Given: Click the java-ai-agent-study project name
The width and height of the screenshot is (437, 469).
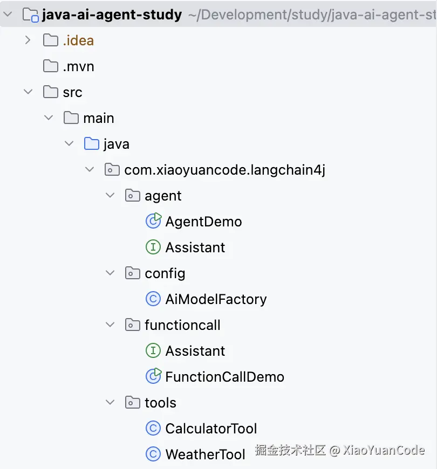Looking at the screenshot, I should coord(112,15).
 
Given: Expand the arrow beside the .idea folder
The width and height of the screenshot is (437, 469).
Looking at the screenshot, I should coord(28,40).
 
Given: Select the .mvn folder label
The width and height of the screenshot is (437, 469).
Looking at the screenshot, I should coord(78,66).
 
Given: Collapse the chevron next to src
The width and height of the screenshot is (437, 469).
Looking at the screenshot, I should coord(28,92).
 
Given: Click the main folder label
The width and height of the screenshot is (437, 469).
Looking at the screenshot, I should coord(98,118).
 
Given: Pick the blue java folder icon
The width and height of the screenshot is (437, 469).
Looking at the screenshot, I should coord(92,144).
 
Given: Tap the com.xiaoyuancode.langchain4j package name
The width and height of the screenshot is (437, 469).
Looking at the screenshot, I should coord(224,170).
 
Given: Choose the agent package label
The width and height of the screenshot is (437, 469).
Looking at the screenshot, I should coord(163,196).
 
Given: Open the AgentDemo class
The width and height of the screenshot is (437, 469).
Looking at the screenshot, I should coord(203,222).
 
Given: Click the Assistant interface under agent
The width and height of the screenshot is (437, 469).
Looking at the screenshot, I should coord(195,247).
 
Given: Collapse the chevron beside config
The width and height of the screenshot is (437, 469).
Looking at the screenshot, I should coord(111,273).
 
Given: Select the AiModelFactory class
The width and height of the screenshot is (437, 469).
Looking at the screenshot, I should coord(216,299).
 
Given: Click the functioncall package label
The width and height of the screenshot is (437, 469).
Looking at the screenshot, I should coord(182,325).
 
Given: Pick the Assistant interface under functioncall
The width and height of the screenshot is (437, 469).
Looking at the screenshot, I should coord(195,351).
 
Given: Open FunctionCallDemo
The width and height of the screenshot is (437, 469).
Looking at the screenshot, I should coord(224,377).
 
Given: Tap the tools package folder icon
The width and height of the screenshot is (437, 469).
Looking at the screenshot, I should coord(133,402).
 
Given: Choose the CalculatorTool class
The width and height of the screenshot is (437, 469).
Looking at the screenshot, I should coord(211,429).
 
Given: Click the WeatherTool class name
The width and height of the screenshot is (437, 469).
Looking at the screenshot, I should coord(205,454).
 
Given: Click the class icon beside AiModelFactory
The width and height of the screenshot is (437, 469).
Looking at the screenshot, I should coord(153,299).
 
